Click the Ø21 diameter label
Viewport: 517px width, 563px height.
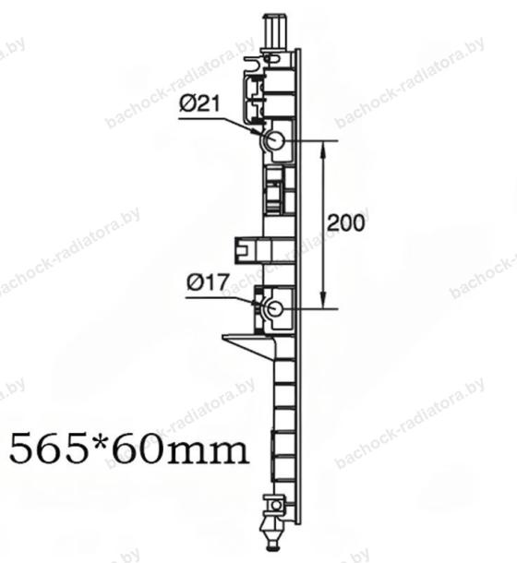click(x=199, y=104)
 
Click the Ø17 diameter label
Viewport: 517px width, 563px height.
click(x=208, y=282)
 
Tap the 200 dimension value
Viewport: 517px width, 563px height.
click(x=345, y=222)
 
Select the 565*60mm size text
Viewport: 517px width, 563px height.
click(x=128, y=449)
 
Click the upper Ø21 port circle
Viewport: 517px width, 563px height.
click(x=276, y=140)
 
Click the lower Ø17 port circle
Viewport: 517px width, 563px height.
click(x=275, y=308)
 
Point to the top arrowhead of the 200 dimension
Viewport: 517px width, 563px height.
click(x=323, y=148)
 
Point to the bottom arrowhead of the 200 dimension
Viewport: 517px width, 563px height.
click(x=323, y=301)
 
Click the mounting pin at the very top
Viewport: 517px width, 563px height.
click(x=275, y=30)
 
